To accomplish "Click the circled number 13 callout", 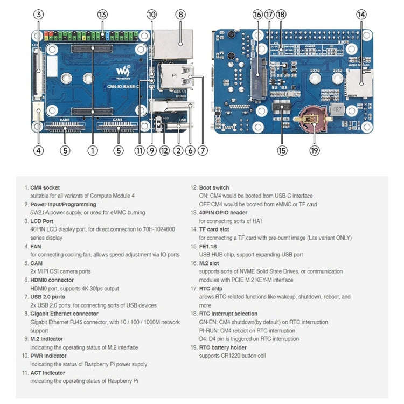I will click(x=102, y=15).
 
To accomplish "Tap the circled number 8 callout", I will click(x=180, y=15).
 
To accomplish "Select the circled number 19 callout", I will click(x=315, y=151).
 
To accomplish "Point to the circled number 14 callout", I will click(x=361, y=15).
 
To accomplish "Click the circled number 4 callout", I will click(x=38, y=151).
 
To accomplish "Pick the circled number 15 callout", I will click(x=282, y=151).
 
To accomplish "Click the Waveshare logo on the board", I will click(x=123, y=71).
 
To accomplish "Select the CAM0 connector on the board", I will click(x=65, y=128).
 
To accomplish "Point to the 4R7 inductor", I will click(x=338, y=109).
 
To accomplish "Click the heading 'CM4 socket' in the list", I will click(x=45, y=187).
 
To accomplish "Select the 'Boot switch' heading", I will click(x=214, y=187).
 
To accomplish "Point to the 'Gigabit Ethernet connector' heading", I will click(x=64, y=314).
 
